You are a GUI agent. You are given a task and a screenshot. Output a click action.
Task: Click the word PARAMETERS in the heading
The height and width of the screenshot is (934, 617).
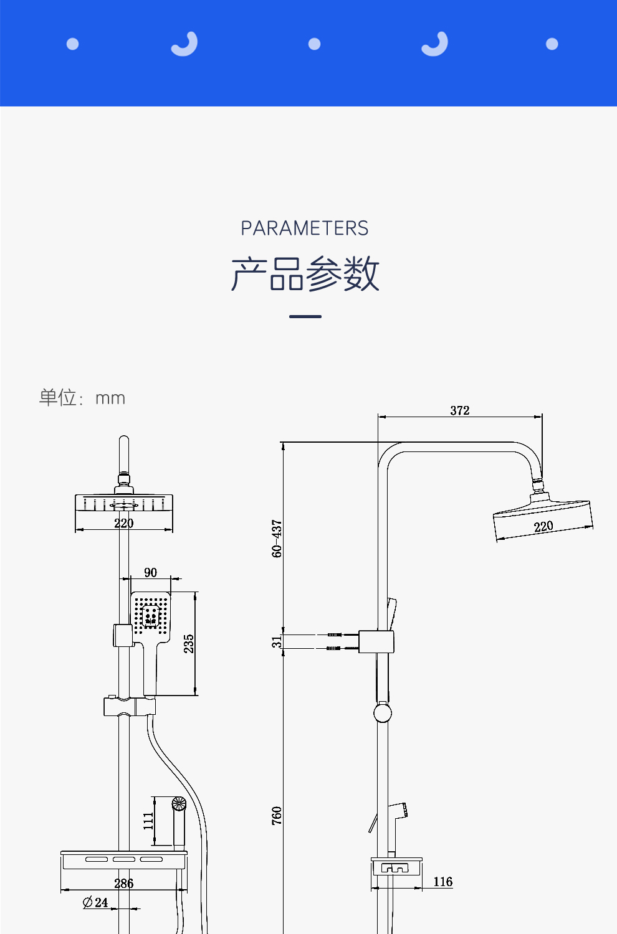click(305, 229)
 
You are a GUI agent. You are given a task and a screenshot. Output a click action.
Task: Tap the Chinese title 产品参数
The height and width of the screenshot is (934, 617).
click(305, 273)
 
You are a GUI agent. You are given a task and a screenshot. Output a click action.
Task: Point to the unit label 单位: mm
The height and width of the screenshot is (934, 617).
click(82, 398)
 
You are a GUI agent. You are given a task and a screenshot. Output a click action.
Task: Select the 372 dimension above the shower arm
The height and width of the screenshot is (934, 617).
click(460, 410)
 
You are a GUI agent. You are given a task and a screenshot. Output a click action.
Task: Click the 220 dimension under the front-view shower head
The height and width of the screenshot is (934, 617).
click(124, 523)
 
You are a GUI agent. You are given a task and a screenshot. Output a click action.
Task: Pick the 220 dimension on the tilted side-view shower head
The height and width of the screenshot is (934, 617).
click(543, 526)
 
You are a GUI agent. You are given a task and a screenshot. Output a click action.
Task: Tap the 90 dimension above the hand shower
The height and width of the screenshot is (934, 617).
click(150, 573)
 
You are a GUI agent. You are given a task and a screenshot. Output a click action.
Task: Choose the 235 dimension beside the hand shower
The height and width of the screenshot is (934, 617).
click(189, 644)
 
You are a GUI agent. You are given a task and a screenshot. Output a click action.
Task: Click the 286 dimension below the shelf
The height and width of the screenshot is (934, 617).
click(124, 883)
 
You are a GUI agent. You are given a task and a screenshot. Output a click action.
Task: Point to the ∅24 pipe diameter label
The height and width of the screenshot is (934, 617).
click(96, 902)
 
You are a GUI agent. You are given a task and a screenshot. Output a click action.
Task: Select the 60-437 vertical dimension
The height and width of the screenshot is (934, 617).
click(277, 539)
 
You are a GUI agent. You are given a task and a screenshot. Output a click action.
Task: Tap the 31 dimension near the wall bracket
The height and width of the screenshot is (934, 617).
click(277, 641)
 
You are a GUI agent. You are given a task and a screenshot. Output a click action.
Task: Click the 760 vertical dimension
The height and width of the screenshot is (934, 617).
click(277, 816)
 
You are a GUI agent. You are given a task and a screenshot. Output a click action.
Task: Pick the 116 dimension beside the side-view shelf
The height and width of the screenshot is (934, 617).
click(442, 882)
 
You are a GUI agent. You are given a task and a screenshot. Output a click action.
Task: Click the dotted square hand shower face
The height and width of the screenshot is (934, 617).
click(150, 616)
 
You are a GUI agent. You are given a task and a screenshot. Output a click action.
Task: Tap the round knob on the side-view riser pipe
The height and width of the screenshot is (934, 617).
click(383, 713)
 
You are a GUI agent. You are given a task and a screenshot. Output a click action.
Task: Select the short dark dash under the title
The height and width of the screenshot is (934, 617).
click(305, 316)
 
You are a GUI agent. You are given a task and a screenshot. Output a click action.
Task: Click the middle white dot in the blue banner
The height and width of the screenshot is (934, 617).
click(315, 44)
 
